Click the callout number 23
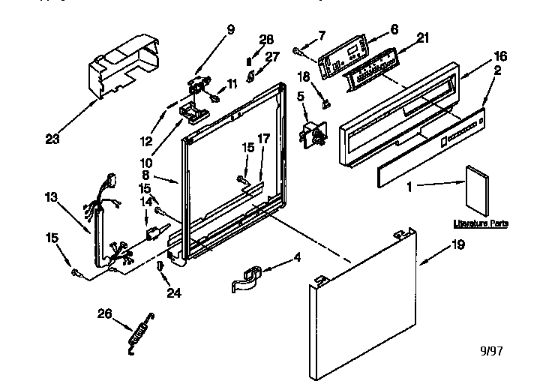[x=53, y=138]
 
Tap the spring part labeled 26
[x=139, y=328]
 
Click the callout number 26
[x=105, y=314]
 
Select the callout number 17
[x=263, y=159]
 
